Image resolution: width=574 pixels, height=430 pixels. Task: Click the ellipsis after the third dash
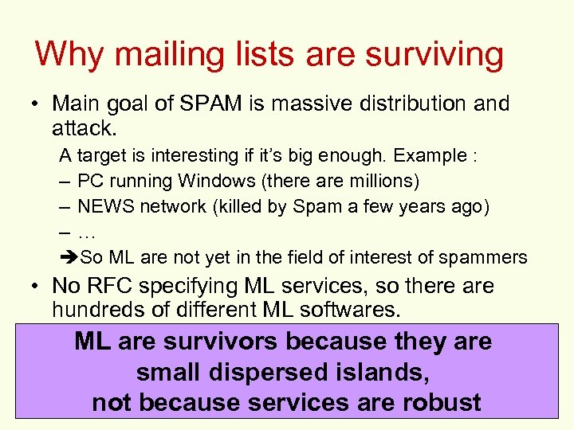coord(87,232)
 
